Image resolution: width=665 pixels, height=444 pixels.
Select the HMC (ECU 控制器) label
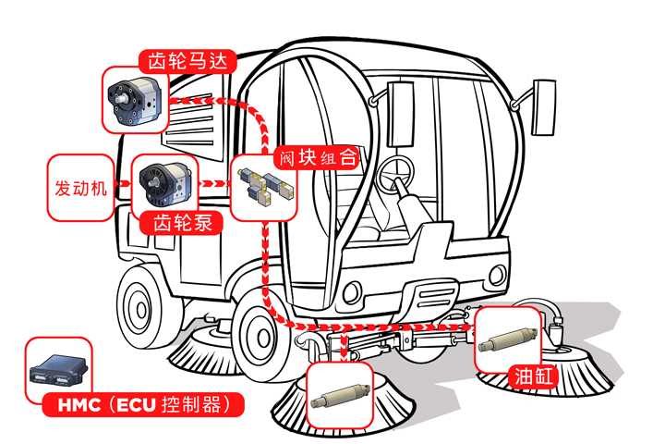coord(145,403)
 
